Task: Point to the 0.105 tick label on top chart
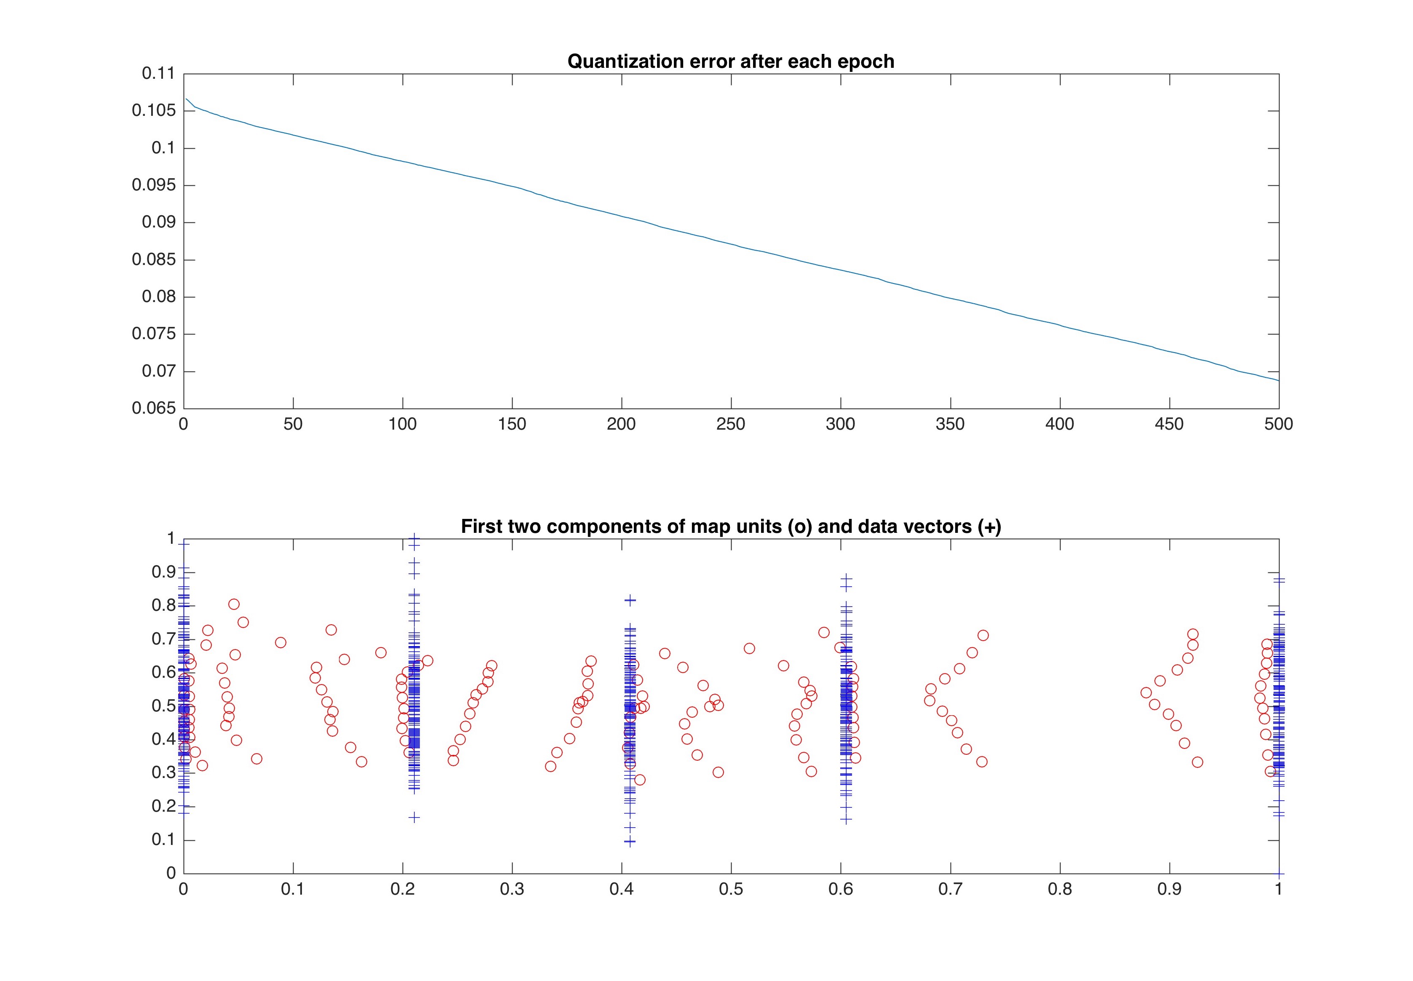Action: pos(154,111)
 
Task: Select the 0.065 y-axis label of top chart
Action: pos(154,408)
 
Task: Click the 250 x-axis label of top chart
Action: pos(731,424)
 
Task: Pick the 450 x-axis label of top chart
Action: pos(1169,424)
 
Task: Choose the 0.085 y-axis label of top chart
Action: pos(154,259)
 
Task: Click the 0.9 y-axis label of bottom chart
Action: pos(163,572)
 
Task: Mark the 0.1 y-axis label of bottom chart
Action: pos(163,839)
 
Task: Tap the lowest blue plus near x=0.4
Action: pos(629,842)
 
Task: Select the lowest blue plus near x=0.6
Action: pos(846,819)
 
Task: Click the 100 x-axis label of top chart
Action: pos(403,424)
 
